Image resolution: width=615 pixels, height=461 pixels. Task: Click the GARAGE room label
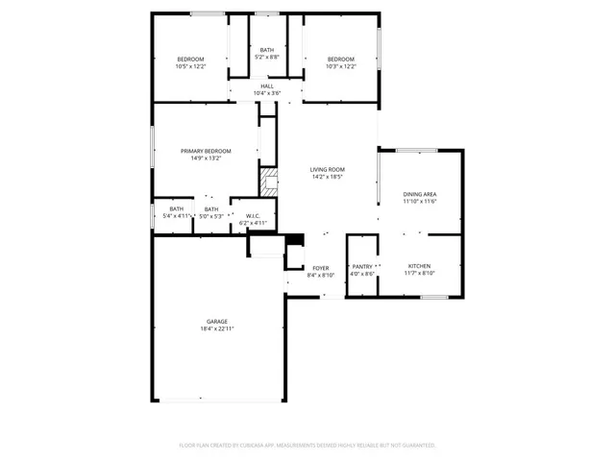[x=216, y=322]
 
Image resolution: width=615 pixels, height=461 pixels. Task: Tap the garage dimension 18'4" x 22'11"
[x=216, y=328]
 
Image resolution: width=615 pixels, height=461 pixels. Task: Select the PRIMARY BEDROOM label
[x=206, y=151]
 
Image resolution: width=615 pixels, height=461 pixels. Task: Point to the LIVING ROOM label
[x=328, y=170]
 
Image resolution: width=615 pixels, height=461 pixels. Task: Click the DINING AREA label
[x=419, y=194]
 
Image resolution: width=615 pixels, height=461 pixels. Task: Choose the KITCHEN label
[x=419, y=266]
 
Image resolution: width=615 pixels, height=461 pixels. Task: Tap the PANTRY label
[x=362, y=266]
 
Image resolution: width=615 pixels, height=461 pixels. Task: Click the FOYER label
[x=320, y=268]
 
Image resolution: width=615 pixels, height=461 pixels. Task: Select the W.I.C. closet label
[x=254, y=215]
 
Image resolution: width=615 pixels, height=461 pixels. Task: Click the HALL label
[x=266, y=85]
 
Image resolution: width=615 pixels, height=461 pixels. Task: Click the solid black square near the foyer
[x=296, y=240]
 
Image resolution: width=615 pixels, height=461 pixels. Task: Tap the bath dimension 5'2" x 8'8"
[x=266, y=57]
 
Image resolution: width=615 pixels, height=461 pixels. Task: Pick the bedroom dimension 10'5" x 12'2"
[x=189, y=66]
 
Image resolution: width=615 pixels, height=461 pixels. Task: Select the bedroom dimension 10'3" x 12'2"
[x=340, y=66]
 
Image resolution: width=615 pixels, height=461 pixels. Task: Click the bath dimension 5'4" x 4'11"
[x=177, y=216]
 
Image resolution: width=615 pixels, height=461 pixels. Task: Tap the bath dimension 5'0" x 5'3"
[x=211, y=216]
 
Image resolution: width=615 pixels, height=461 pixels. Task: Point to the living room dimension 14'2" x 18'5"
[x=328, y=178]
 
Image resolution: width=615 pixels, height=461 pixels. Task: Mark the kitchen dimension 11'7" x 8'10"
[x=419, y=274]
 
